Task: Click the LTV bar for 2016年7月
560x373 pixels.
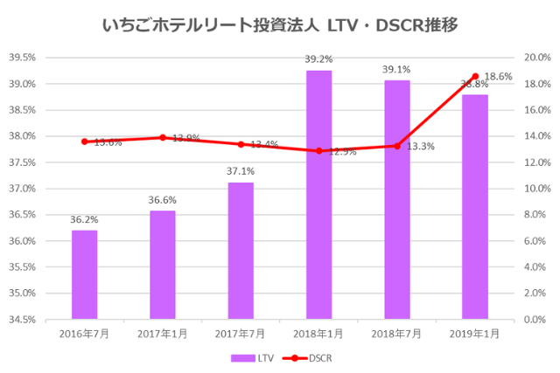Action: point(84,274)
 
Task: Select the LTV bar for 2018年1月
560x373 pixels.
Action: point(318,195)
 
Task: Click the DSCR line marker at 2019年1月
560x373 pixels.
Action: point(475,76)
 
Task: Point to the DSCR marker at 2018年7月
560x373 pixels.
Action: point(397,146)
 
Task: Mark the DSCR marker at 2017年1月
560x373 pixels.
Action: point(163,137)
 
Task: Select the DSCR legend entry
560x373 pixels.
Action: point(309,357)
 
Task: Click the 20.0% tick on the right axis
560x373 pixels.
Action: point(536,58)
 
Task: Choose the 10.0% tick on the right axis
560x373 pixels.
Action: point(536,189)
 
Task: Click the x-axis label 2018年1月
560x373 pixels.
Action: point(318,334)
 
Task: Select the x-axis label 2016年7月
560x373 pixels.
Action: point(84,334)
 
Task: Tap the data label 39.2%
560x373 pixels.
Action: point(318,59)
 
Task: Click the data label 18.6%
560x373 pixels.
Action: point(499,77)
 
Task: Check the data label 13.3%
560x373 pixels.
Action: point(420,147)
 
